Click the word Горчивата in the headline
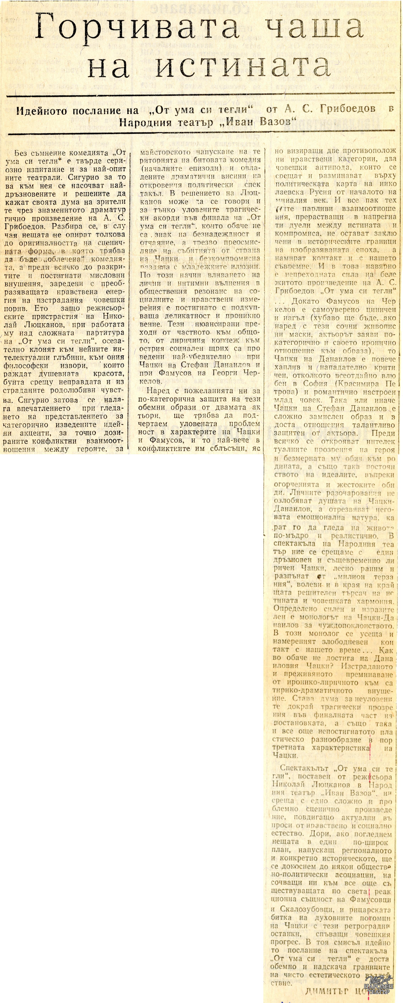tap(136, 27)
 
